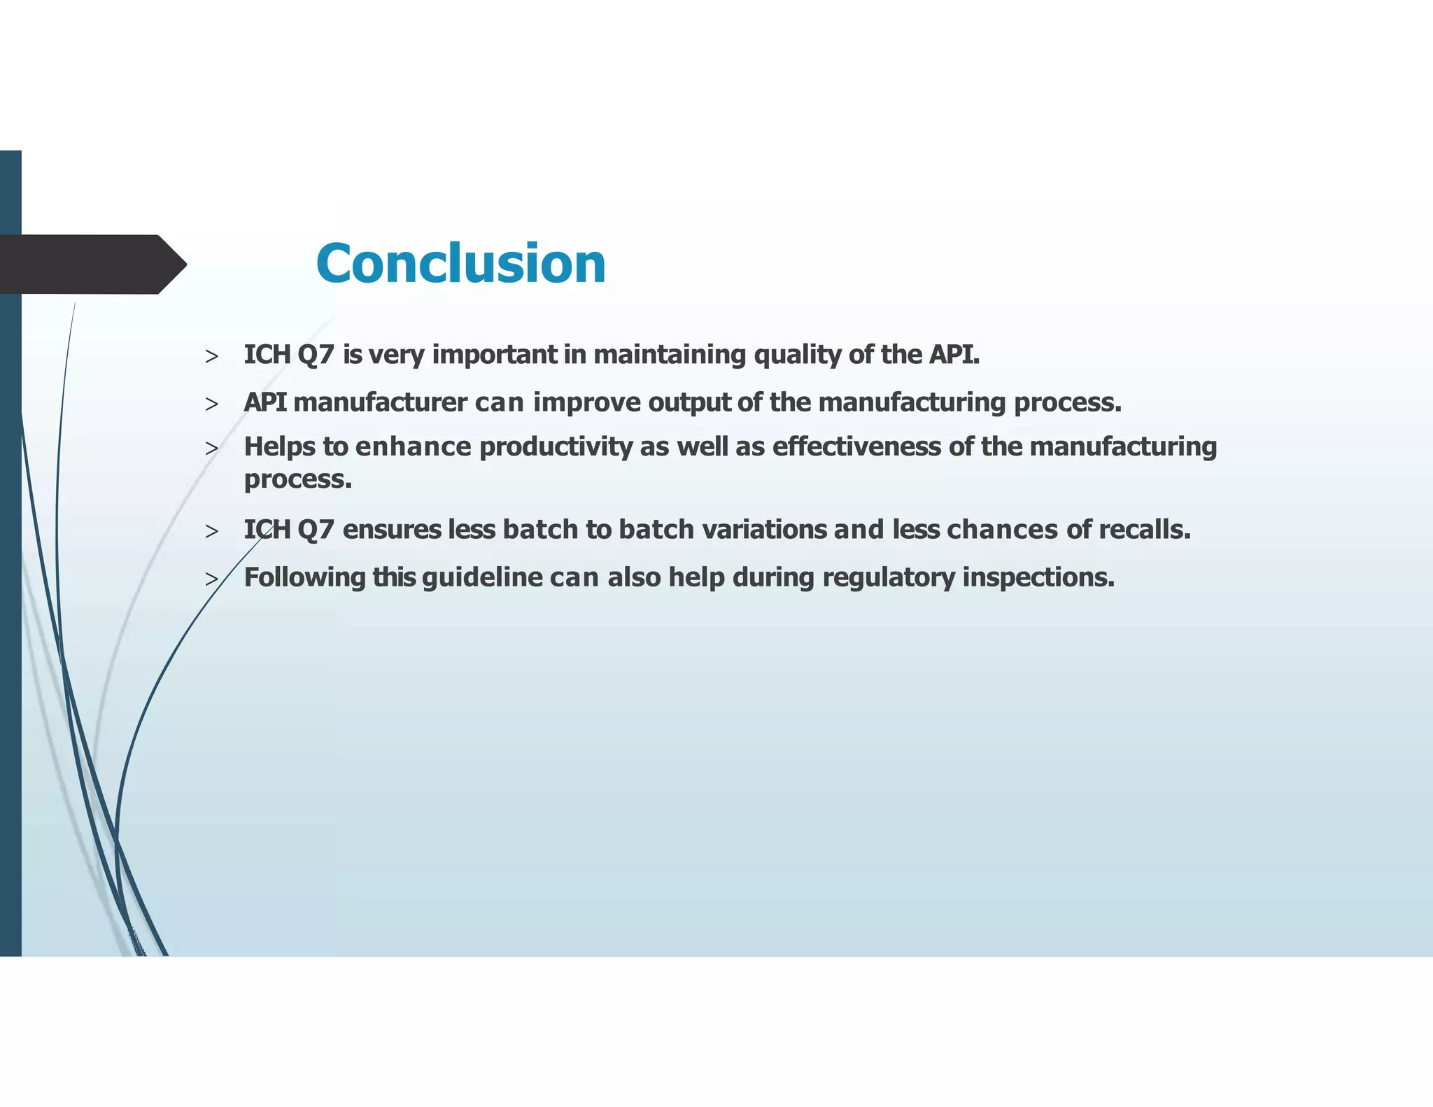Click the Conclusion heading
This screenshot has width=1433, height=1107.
pyautogui.click(x=460, y=264)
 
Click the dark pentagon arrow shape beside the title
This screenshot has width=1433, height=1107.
pyautogui.click(x=91, y=265)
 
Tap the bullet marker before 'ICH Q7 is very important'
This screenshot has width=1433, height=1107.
pyautogui.click(x=211, y=357)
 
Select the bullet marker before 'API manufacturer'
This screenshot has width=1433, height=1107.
pyautogui.click(x=211, y=404)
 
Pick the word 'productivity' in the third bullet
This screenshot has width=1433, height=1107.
pyautogui.click(x=556, y=447)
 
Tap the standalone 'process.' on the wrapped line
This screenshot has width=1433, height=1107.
pyautogui.click(x=297, y=479)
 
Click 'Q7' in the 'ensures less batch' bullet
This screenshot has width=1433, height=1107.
pyautogui.click(x=316, y=530)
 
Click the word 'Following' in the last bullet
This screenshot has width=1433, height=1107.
pyautogui.click(x=304, y=578)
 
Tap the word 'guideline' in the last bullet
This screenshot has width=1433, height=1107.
pyautogui.click(x=482, y=578)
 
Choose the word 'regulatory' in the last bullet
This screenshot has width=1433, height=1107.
pyautogui.click(x=888, y=578)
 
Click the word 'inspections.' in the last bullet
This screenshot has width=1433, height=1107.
pyautogui.click(x=1038, y=578)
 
